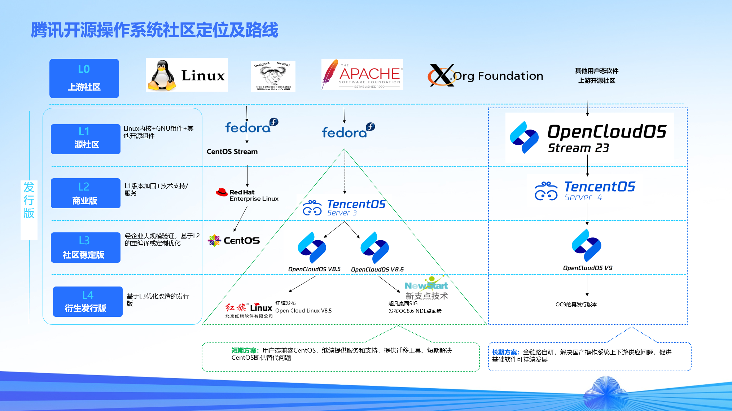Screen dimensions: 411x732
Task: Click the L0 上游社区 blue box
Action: [84, 78]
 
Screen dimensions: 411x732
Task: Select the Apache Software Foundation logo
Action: [362, 75]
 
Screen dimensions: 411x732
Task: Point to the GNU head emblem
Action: [273, 76]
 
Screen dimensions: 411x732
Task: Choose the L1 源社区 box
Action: [86, 139]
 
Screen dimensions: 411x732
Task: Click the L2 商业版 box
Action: [86, 193]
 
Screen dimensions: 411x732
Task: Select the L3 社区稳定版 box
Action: [86, 248]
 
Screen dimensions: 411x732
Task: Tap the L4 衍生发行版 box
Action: [88, 302]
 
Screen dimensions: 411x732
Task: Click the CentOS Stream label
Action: [232, 152]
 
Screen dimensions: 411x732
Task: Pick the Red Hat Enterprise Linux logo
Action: [247, 195]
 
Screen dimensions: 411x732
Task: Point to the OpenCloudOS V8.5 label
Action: [314, 269]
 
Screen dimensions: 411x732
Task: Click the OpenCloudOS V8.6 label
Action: [377, 270]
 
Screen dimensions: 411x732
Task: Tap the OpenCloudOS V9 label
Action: [588, 268]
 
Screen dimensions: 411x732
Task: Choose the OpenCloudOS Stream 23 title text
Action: [606, 137]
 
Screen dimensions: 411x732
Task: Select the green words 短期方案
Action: [244, 350]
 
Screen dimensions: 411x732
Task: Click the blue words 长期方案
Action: [505, 352]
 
